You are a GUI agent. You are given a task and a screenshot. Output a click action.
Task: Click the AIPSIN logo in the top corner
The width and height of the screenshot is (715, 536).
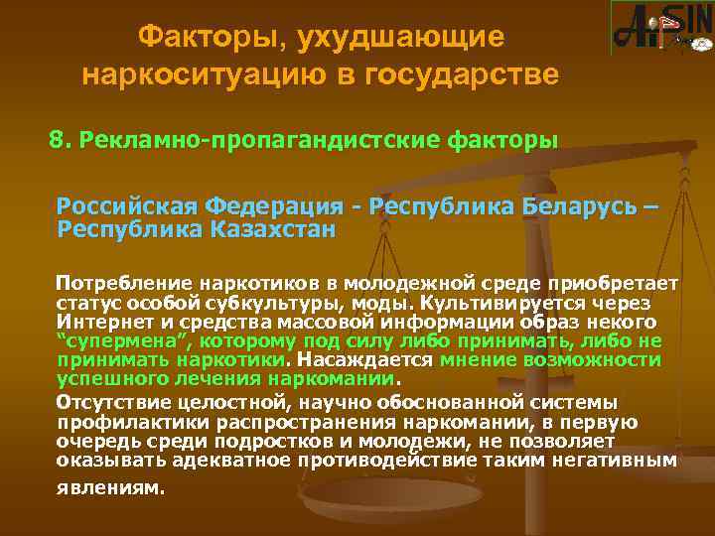coord(661,29)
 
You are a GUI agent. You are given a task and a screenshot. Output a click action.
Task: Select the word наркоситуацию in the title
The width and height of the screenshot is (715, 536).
coord(189,74)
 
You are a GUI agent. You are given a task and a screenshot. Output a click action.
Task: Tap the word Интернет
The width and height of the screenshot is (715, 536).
coord(98,323)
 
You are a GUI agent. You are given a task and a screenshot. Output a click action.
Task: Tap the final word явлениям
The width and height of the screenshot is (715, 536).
coord(109,488)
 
